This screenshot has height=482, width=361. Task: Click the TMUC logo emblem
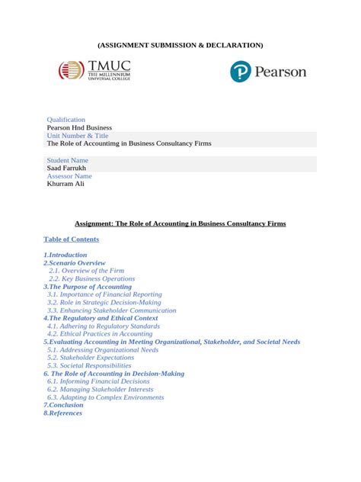click(72, 72)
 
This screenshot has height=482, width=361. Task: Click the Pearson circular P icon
click(241, 72)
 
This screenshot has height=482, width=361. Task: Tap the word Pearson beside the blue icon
click(280, 72)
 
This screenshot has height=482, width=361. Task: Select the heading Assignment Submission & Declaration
click(180, 45)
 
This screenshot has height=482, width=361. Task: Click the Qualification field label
click(66, 120)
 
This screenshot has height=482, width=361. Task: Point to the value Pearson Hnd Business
click(79, 127)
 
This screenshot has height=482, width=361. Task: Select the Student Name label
click(68, 160)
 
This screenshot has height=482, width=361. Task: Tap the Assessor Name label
click(69, 175)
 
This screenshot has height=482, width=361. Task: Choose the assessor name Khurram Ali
click(65, 184)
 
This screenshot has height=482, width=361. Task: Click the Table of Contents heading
click(71, 239)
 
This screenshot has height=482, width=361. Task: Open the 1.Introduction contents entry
click(65, 255)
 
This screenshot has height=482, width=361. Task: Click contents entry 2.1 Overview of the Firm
click(86, 271)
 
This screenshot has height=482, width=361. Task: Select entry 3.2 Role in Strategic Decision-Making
click(104, 302)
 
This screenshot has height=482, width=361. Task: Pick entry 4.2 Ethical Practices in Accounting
click(100, 333)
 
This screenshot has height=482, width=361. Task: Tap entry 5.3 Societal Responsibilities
click(89, 365)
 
